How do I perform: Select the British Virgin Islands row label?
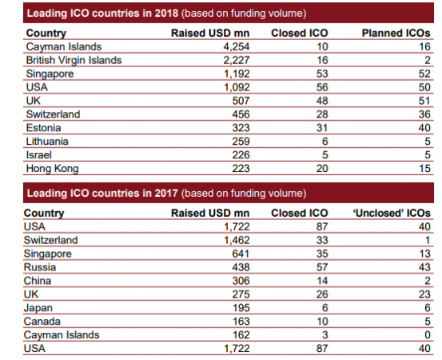[74, 59]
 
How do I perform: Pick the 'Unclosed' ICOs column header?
[398, 214]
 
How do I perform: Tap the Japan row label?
[39, 308]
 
